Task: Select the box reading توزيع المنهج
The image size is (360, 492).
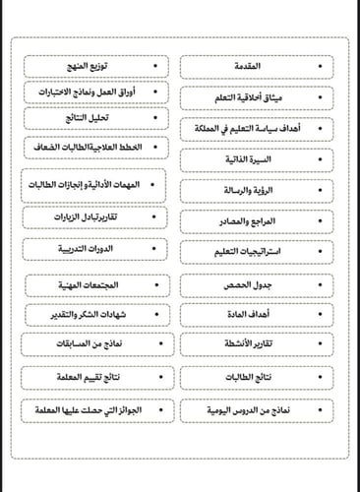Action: point(94,67)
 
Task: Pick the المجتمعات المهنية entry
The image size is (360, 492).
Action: point(94,284)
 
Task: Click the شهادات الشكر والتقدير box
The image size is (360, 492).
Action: point(94,314)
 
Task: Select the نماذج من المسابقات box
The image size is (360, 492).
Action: point(94,345)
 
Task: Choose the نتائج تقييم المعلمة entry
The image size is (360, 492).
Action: point(94,376)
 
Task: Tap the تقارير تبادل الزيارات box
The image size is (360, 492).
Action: point(94,216)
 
